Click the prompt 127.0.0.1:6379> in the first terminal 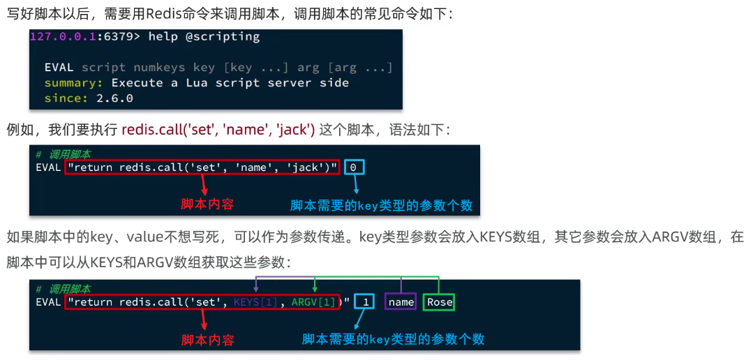(85, 37)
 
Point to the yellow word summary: (75, 83)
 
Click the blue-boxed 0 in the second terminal (353, 167)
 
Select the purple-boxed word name (401, 302)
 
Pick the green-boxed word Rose (440, 302)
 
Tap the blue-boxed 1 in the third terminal (365, 302)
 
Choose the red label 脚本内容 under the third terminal (207, 340)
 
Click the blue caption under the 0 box (381, 205)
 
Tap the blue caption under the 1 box (393, 339)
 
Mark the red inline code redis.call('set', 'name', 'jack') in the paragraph (218, 130)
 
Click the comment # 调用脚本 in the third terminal (64, 289)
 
